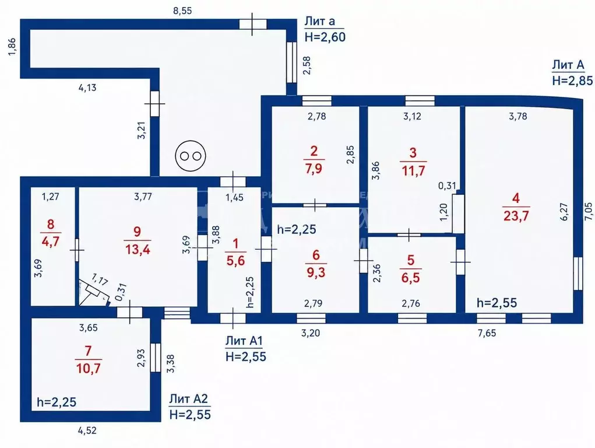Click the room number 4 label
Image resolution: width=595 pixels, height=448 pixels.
[x=516, y=198]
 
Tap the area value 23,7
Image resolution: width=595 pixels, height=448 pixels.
[x=516, y=215]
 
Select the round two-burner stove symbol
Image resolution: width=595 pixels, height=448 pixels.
[x=191, y=156]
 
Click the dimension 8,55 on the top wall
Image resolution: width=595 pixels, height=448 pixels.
[x=182, y=10]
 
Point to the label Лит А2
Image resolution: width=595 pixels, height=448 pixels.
[x=189, y=399]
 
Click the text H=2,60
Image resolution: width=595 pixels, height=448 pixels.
[x=325, y=37]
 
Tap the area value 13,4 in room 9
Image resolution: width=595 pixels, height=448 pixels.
[x=138, y=249]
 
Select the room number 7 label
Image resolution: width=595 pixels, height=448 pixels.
[x=88, y=351]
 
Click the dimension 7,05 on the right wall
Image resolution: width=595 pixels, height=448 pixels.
[x=588, y=211]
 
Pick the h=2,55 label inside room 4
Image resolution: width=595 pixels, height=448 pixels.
[x=497, y=303]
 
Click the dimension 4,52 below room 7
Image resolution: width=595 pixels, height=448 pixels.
[x=87, y=430]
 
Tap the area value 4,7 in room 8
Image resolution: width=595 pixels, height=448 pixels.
[x=51, y=241]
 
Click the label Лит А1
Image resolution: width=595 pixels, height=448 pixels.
[x=244, y=341]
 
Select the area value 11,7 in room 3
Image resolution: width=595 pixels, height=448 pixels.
[x=413, y=170]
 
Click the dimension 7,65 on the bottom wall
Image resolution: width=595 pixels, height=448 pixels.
[x=487, y=333]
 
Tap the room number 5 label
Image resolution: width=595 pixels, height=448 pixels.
[x=411, y=260]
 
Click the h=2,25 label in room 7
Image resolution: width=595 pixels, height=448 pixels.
[x=57, y=402]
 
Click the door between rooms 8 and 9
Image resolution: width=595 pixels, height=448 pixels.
[x=77, y=250]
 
